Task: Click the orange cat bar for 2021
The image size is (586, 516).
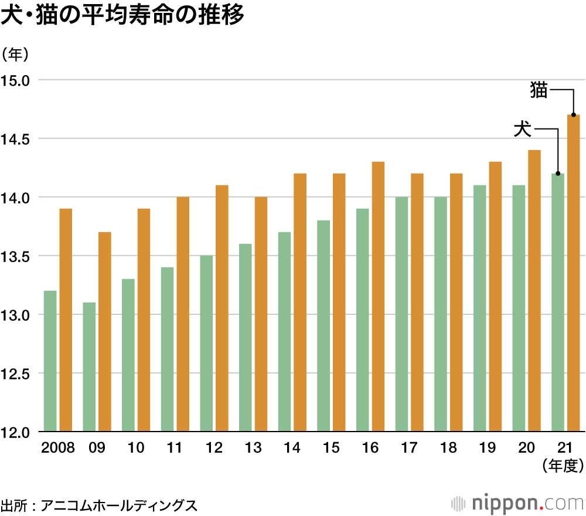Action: point(574,273)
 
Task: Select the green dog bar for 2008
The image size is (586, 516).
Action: point(50,361)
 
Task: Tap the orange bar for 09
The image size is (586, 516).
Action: point(105,332)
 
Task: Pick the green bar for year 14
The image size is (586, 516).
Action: point(285,332)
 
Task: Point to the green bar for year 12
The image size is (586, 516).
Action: point(206,344)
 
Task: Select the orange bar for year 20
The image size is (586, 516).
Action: point(534,291)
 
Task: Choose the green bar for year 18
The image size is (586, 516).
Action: point(441,314)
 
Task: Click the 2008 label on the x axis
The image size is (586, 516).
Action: point(58,449)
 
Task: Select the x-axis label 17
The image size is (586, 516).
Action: point(409,449)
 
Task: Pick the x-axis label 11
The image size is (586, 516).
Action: point(175,449)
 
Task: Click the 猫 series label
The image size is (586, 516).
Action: point(539,90)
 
